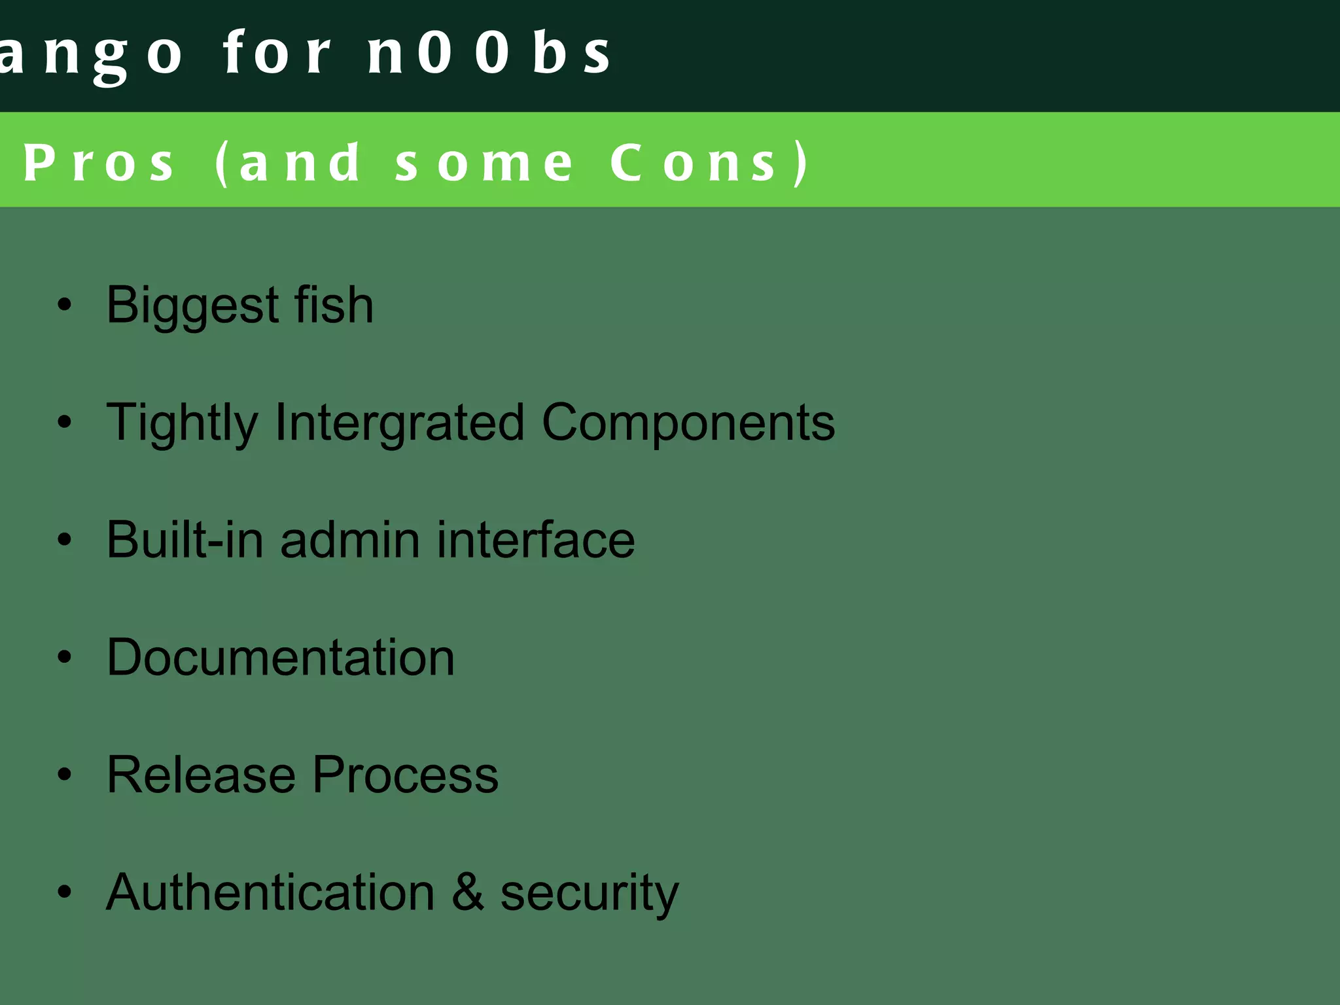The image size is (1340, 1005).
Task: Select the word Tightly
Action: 182,423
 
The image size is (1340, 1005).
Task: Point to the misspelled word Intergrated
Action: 399,423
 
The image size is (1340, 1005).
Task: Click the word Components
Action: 688,422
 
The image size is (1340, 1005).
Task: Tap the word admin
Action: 350,540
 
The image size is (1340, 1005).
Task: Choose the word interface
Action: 536,540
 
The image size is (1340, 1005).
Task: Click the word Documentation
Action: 280,657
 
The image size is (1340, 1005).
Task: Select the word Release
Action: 202,775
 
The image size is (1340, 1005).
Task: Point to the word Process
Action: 405,775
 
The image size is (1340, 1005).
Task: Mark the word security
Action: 589,893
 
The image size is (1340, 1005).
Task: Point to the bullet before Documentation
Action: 64,657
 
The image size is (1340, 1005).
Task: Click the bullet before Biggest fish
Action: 64,305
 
